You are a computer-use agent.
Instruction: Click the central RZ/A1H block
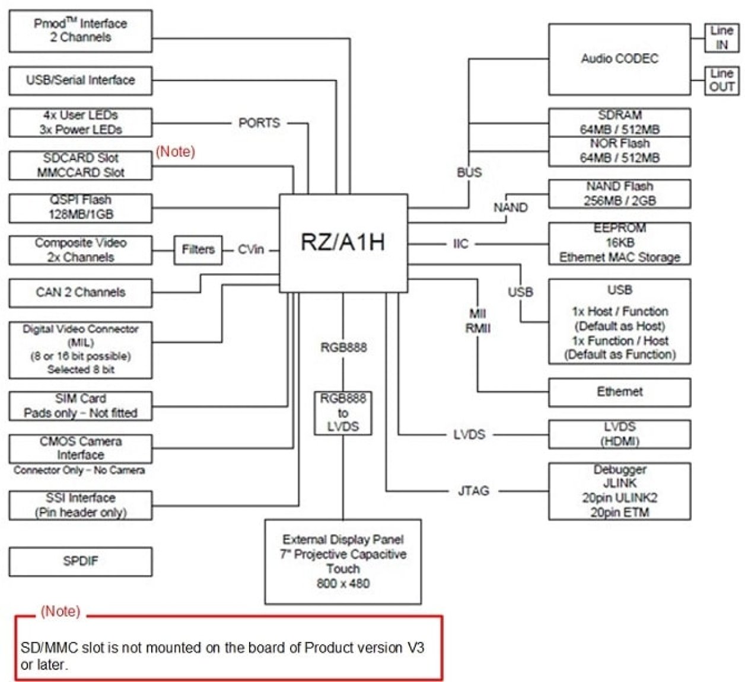tap(343, 243)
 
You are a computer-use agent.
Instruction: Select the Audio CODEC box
tap(619, 59)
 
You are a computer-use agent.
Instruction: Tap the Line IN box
tap(721, 37)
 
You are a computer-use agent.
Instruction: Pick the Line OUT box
tap(721, 80)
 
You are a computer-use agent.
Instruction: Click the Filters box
tap(198, 249)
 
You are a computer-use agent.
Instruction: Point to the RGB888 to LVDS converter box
tap(343, 412)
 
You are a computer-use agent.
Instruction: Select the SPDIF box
tap(80, 561)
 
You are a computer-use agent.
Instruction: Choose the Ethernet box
tap(619, 392)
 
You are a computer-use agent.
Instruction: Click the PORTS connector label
tap(259, 123)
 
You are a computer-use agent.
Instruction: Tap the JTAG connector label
tap(473, 491)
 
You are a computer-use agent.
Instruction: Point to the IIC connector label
tap(460, 244)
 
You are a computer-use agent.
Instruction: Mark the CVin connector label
tap(251, 249)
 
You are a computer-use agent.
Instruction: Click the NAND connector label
tap(510, 207)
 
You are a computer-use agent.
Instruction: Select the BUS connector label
tap(469, 172)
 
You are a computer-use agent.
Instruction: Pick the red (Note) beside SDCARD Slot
tap(175, 152)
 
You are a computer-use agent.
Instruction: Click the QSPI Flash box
tap(80, 207)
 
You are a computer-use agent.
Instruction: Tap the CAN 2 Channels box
tap(80, 292)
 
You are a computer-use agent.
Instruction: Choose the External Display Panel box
tap(343, 561)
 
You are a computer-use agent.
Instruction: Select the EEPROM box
tap(619, 243)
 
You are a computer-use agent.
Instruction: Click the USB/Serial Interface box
tap(80, 80)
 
